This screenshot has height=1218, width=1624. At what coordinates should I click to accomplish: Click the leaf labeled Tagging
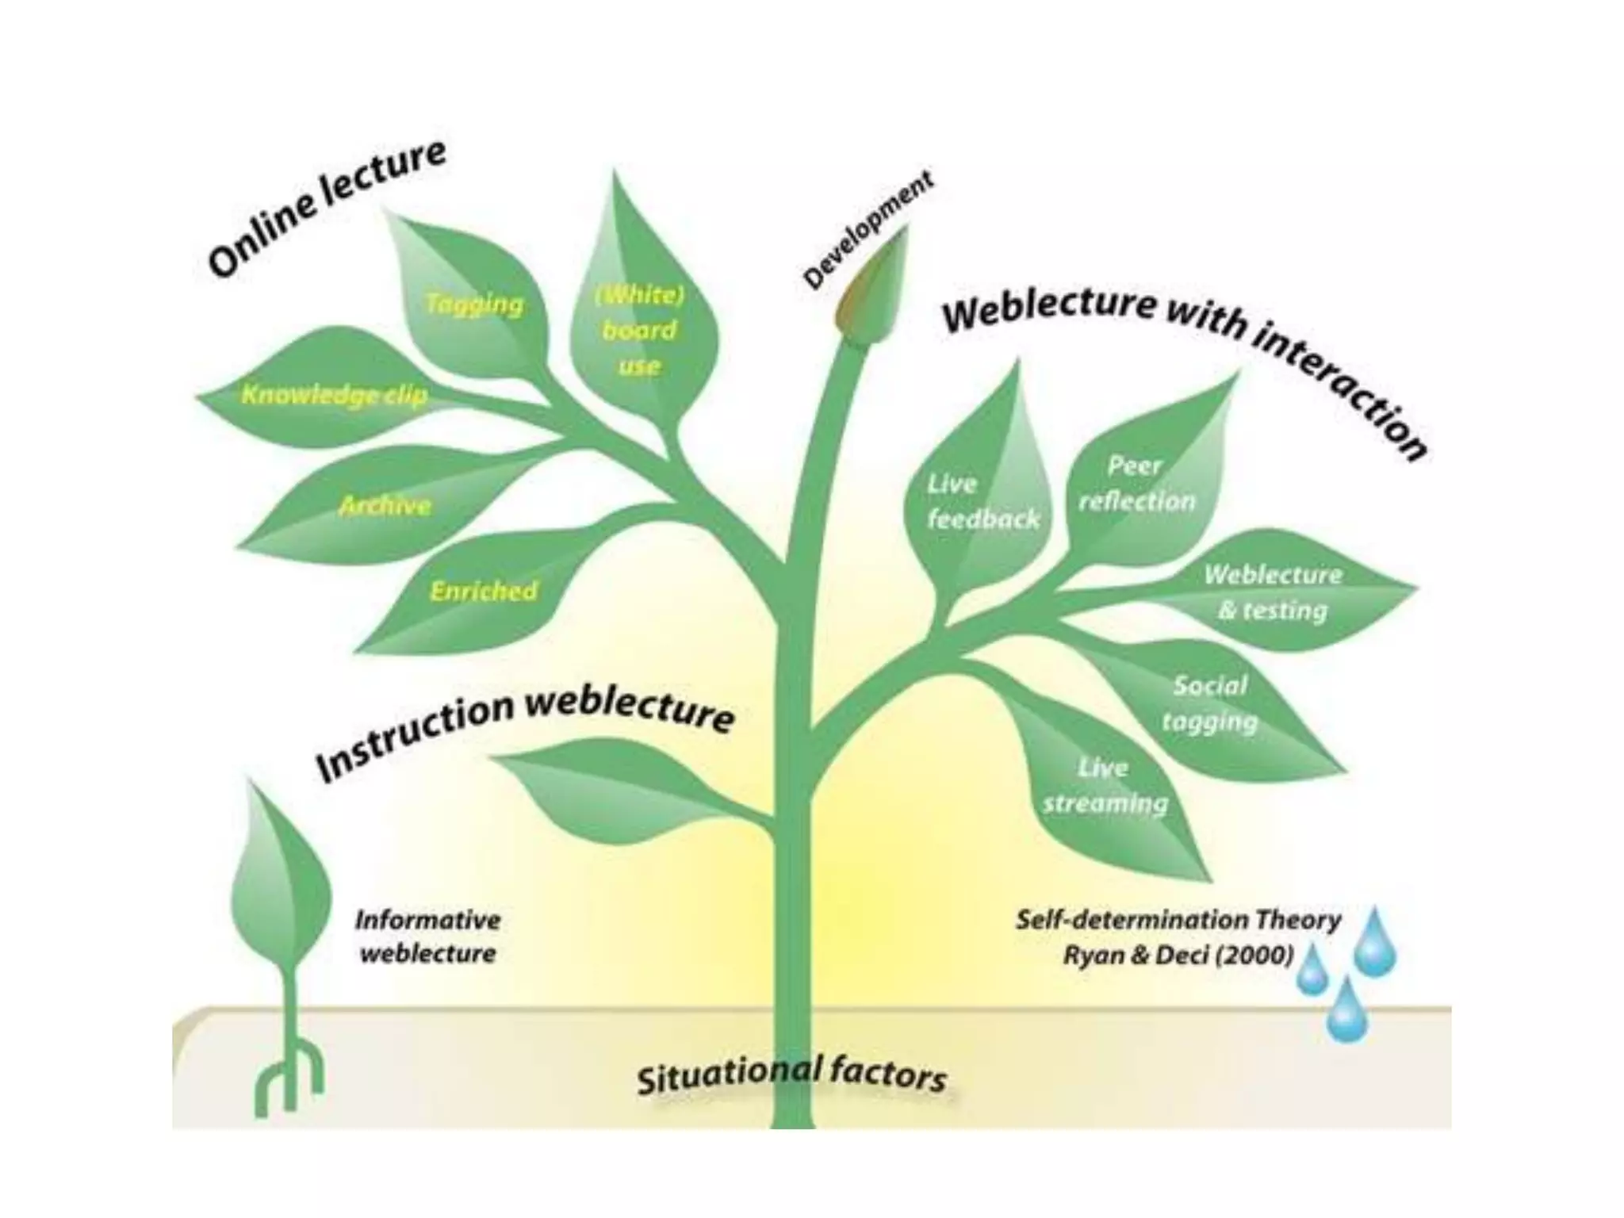[x=473, y=305]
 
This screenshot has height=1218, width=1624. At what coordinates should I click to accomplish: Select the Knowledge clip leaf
[x=333, y=394]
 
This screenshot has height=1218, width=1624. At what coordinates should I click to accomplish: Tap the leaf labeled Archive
[x=385, y=505]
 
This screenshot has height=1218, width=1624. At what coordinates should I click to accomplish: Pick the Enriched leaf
[x=484, y=591]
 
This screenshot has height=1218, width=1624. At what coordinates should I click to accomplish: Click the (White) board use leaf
[x=639, y=330]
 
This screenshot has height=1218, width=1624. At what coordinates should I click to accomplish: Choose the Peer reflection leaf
[x=1137, y=483]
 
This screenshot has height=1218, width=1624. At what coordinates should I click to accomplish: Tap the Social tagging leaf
[x=1210, y=703]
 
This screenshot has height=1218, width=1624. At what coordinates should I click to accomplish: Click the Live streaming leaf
[x=1105, y=786]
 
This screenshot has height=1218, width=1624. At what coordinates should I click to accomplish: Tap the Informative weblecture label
[x=428, y=936]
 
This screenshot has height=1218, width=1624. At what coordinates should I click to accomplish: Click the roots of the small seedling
[x=289, y=1078]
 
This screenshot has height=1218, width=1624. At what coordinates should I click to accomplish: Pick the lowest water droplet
[x=1346, y=1013]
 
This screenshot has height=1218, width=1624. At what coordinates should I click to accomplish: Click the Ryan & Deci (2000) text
[x=1178, y=955]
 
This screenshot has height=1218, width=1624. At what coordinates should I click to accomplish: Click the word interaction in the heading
[x=1340, y=389]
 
